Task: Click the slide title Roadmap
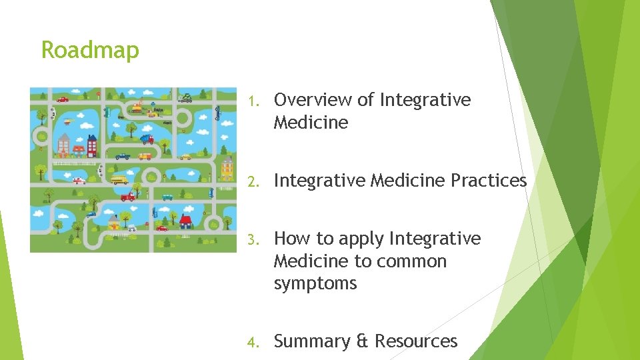(90, 50)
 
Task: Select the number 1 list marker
(252, 101)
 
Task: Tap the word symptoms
(315, 283)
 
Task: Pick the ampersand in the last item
(363, 341)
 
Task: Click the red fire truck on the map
(127, 197)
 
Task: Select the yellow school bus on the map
(119, 180)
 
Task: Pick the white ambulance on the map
(79, 181)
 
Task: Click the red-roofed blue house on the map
(186, 220)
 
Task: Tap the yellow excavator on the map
(137, 107)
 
